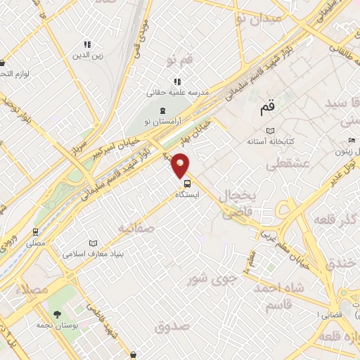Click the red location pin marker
coord(181,165)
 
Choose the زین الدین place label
coord(88,54)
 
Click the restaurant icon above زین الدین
coord(88,44)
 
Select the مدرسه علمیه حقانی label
coord(178,92)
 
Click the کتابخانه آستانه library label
coord(269,141)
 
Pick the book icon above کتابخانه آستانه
coord(270,131)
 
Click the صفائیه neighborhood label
coord(136,228)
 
